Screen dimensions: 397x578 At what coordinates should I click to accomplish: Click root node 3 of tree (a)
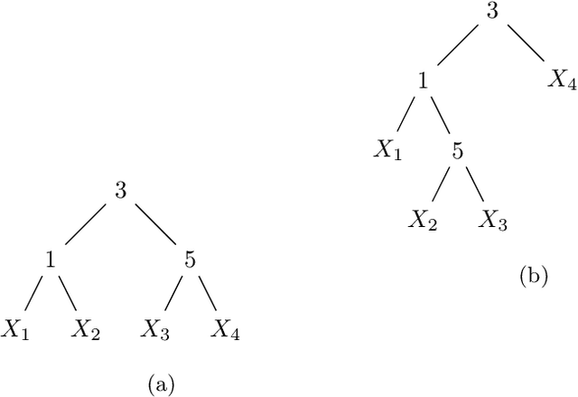pos(121,191)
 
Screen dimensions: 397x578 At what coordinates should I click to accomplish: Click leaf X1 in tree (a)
pos(16,330)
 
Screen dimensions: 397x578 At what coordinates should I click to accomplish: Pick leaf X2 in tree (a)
pos(86,330)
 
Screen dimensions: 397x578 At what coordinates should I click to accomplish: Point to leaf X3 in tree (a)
pos(155,330)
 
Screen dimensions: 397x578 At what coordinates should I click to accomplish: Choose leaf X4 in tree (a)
pos(225,330)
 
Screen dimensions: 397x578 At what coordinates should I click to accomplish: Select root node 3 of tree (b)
pos(492,11)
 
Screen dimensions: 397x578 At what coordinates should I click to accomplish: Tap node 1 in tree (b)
pos(423,80)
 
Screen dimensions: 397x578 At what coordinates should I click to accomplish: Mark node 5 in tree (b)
pos(458,150)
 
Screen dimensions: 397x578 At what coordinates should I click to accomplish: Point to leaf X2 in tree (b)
pos(423,220)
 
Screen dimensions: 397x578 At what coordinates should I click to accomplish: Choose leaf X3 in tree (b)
pos(492,220)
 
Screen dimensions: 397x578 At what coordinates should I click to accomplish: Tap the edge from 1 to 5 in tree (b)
pos(441,115)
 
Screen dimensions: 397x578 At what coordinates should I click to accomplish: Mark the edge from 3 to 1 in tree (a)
pos(87,225)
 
